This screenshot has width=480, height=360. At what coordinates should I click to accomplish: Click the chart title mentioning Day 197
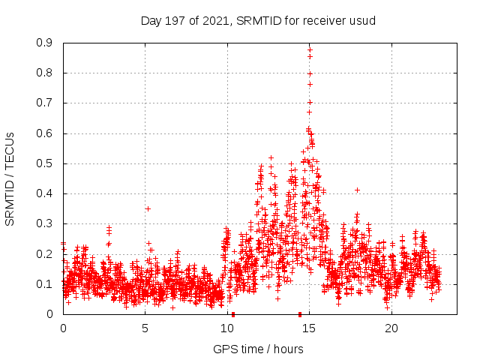[258, 20]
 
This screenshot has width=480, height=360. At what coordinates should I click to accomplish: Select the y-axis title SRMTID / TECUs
[10, 178]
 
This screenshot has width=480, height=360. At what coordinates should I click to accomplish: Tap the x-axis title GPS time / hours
[258, 349]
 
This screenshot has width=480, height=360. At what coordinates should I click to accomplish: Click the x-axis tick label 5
[145, 328]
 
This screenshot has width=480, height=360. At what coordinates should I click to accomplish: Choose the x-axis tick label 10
[227, 328]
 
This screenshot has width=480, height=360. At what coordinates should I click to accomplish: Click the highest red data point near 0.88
[310, 49]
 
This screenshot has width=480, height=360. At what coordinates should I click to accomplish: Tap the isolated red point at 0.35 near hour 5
[148, 208]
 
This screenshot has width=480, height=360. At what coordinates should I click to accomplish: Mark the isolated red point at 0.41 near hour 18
[358, 190]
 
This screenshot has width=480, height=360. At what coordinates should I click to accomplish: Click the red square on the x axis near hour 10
[233, 314]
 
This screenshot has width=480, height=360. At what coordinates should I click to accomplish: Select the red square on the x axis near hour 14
[300, 314]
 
